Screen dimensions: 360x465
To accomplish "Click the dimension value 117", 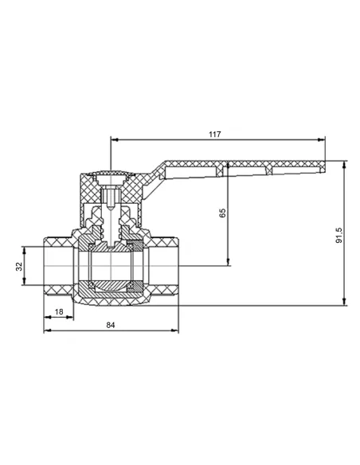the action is pyautogui.click(x=215, y=135).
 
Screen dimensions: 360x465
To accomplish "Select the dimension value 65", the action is pyautogui.click(x=222, y=213).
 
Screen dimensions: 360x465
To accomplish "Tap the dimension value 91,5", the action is pyautogui.click(x=339, y=236).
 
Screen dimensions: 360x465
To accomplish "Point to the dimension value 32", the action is pyautogui.click(x=19, y=266).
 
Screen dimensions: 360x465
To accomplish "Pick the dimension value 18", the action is pyautogui.click(x=59, y=311).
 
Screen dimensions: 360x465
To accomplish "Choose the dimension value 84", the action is pyautogui.click(x=111, y=325).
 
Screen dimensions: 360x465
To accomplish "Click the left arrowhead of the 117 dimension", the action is pyautogui.click(x=115, y=139).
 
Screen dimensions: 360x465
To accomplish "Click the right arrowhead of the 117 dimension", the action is pyautogui.click(x=321, y=139).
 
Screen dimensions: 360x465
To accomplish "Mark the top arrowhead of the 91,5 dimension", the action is pyautogui.click(x=344, y=165).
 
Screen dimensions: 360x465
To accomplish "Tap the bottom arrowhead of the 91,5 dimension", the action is pyautogui.click(x=344, y=301).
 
